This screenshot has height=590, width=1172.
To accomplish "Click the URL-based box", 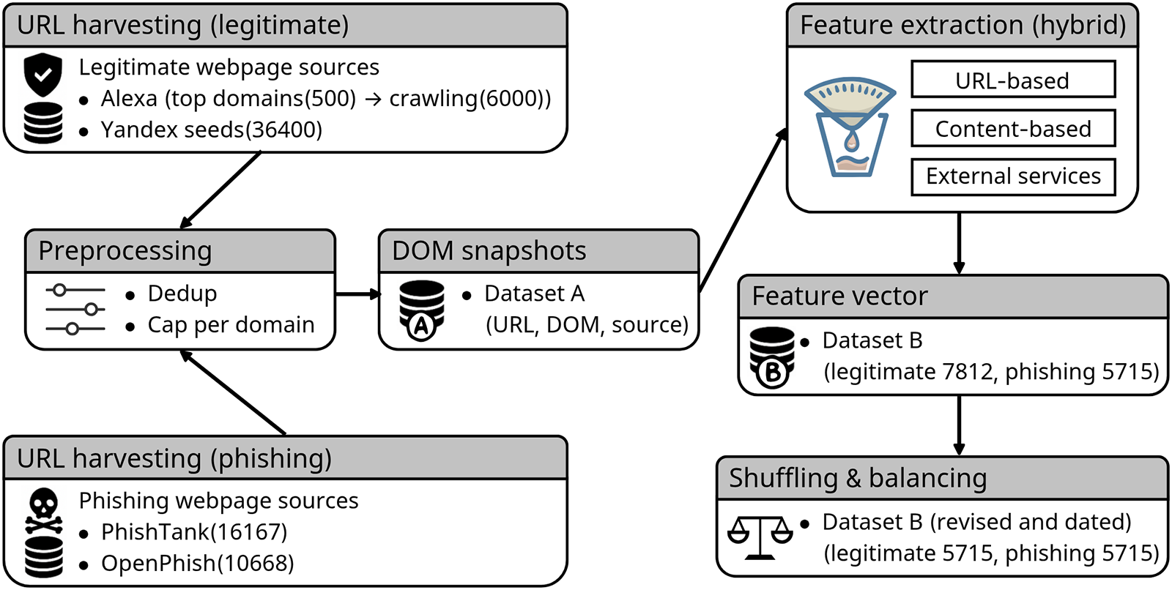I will click(x=1013, y=80).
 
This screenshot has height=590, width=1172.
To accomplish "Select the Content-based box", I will click(x=1013, y=129).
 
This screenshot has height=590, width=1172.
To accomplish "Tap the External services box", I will click(x=1013, y=176).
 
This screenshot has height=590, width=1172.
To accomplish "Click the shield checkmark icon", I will click(x=43, y=74).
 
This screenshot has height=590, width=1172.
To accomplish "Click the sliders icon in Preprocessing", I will click(x=75, y=310).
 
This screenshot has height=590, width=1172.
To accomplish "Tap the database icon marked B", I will click(x=772, y=356).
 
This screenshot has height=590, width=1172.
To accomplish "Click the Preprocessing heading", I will click(x=125, y=251).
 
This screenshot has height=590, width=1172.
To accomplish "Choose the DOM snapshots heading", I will click(x=489, y=251).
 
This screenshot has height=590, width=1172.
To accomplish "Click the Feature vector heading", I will click(x=839, y=296).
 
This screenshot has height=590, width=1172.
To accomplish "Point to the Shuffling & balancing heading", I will click(x=858, y=478).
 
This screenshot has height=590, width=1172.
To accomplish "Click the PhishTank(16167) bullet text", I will click(x=194, y=532).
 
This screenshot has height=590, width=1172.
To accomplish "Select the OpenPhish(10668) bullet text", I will click(x=198, y=564).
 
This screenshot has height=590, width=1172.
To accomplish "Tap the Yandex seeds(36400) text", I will click(x=212, y=130).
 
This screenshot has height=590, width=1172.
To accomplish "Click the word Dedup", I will click(x=182, y=294).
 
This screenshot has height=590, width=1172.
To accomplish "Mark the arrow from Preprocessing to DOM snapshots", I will click(x=358, y=294).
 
